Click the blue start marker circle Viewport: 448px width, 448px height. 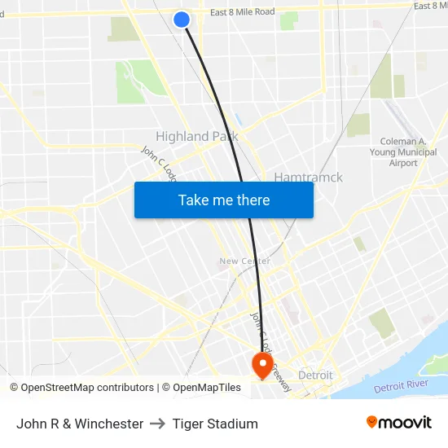[182, 19]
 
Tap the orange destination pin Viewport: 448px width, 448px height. [262, 364]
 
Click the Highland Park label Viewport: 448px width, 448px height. [196, 136]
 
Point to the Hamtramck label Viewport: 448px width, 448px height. [308, 177]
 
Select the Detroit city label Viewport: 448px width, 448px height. [315, 375]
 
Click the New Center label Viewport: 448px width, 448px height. [244, 261]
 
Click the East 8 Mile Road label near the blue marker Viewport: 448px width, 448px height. [242, 12]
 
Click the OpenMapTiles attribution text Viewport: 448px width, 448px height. [201, 388]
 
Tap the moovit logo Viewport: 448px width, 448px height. [399, 423]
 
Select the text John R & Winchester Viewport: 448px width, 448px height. [80, 424]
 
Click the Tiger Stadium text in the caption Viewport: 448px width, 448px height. [214, 424]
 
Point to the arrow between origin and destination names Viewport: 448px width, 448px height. [157, 424]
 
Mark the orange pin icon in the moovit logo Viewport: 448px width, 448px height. [371, 422]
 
